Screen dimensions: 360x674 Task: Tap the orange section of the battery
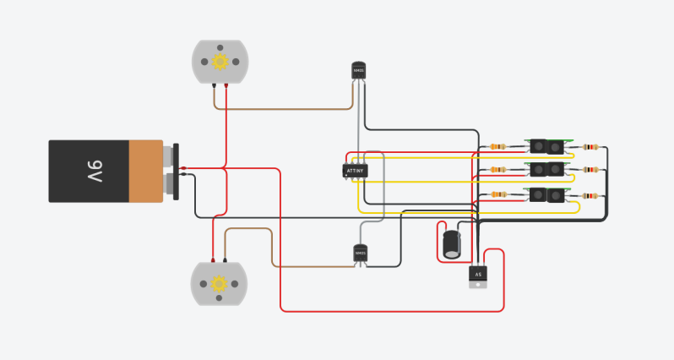(145, 171)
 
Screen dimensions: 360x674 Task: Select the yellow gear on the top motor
(220, 61)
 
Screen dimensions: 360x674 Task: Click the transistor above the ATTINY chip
(360, 71)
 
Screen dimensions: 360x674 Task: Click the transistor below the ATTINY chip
(361, 253)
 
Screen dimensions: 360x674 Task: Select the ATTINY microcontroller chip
(356, 172)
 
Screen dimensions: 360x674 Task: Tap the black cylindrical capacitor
(453, 244)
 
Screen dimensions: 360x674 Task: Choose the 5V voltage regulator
(478, 275)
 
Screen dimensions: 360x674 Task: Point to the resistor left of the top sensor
(498, 146)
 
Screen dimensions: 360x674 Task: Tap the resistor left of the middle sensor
(498, 171)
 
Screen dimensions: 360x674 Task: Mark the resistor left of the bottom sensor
(498, 195)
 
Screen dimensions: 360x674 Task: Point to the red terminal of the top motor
(226, 86)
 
